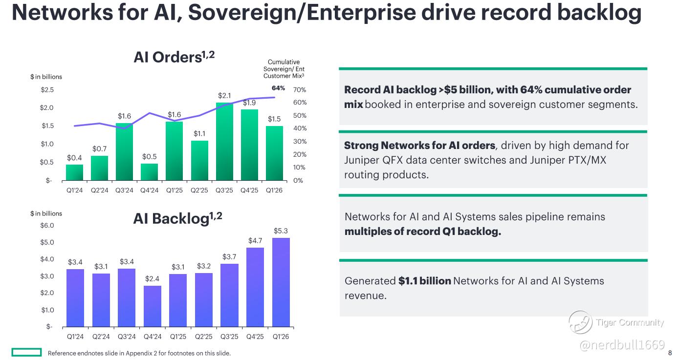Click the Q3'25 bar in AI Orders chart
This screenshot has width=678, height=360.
[x=224, y=142]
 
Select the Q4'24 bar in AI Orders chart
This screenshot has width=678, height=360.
[x=149, y=172]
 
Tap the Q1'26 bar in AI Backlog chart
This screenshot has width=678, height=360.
[x=281, y=282]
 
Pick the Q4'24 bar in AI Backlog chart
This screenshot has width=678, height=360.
[x=152, y=306]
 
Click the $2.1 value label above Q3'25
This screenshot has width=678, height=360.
[x=224, y=96]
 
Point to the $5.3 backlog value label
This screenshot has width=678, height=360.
[x=281, y=231]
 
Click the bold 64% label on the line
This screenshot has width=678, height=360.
[x=278, y=88]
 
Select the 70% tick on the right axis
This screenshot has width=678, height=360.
[x=300, y=90]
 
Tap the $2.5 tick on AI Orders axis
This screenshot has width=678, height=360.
[x=47, y=90]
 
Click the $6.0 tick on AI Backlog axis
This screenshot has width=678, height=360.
[x=47, y=225]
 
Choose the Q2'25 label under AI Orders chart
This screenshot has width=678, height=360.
[x=199, y=191]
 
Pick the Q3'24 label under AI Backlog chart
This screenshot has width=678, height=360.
[x=127, y=337]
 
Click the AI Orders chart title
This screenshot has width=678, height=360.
[x=174, y=57]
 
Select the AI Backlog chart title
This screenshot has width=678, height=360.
[x=177, y=218]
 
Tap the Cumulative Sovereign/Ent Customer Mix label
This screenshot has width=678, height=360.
[x=284, y=69]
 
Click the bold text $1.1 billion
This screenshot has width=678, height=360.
[x=425, y=281]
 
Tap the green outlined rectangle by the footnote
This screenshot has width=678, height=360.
[x=26, y=352]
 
